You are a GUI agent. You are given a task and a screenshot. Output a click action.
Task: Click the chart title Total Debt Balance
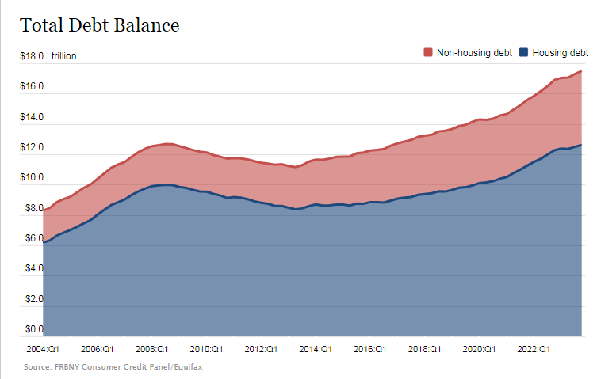click(100, 25)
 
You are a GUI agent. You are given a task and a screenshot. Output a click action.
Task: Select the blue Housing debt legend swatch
click(523, 52)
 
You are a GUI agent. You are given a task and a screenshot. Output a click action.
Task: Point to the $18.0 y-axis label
click(32, 56)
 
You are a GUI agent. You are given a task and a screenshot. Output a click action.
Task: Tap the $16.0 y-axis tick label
click(32, 86)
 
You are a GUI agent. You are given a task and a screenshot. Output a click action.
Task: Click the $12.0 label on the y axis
click(32, 148)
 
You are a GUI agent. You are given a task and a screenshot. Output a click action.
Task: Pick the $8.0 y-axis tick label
click(32, 209)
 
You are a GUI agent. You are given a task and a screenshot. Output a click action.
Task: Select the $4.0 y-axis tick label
click(32, 269)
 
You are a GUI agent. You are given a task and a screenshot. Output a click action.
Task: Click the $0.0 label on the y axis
click(32, 329)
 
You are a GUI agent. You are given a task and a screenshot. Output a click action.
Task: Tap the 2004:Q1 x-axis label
click(43, 348)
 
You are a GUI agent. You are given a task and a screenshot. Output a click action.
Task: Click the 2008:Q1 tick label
click(151, 348)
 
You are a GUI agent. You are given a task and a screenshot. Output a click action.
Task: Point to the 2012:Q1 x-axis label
click(260, 348)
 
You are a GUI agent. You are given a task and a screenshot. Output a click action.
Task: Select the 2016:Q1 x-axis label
click(369, 348)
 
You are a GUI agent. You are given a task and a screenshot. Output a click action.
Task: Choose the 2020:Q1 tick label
click(478, 348)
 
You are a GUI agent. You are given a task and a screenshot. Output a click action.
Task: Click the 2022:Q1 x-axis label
click(533, 348)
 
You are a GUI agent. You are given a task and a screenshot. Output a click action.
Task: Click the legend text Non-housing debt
click(475, 52)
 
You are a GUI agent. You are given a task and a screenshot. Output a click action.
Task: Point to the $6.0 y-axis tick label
click(32, 238)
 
